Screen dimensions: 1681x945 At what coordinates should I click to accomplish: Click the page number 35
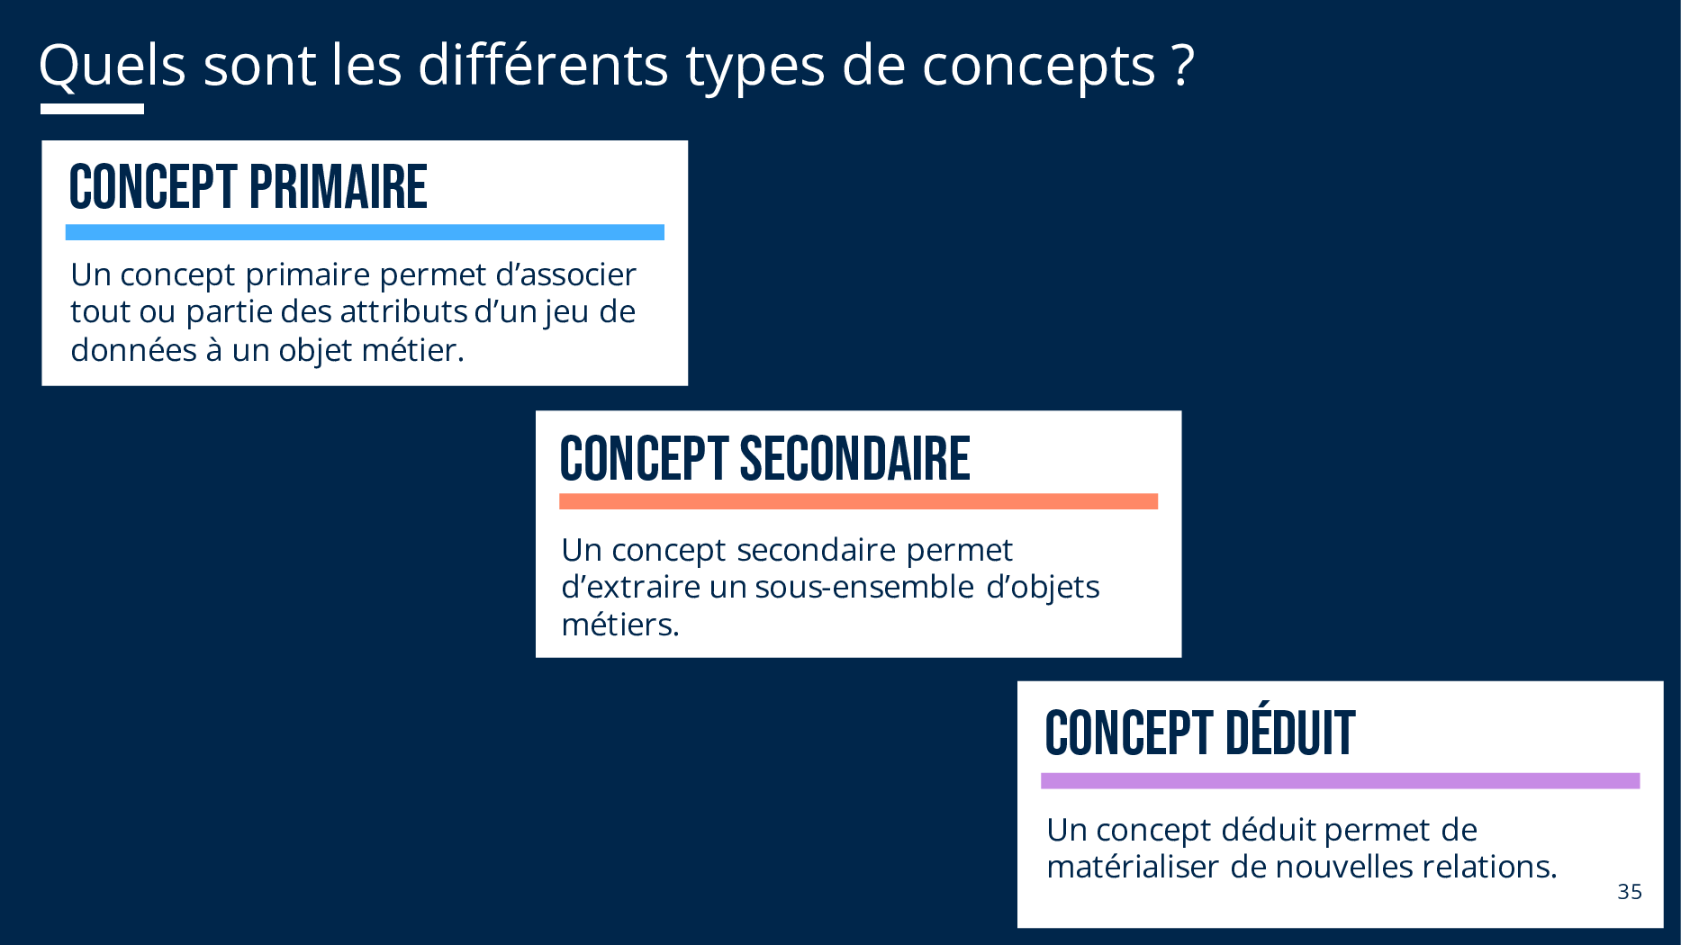[x=1630, y=892]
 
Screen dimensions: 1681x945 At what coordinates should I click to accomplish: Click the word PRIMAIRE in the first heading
[x=338, y=187]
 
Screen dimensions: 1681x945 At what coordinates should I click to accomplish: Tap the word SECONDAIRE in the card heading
[x=854, y=459]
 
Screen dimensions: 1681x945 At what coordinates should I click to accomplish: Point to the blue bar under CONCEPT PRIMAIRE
[x=365, y=232]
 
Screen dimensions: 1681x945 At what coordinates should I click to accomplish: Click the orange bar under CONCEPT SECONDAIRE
[x=858, y=501]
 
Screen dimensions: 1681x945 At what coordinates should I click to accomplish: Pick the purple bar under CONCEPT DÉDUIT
[x=1340, y=781]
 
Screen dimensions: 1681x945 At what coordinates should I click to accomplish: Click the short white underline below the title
[x=92, y=109]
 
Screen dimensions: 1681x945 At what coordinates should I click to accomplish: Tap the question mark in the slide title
[x=1183, y=66]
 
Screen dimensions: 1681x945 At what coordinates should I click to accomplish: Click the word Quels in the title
[x=113, y=66]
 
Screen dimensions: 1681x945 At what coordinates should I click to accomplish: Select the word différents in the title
[x=543, y=65]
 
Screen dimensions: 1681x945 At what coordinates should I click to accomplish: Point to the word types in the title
[x=755, y=68]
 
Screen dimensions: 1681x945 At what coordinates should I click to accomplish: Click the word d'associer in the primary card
[x=565, y=274]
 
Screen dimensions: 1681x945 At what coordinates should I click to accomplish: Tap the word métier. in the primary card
[x=412, y=349]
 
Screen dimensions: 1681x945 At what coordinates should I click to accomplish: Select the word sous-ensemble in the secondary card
[x=864, y=587]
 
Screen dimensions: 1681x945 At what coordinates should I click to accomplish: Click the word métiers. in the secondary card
[x=620, y=625]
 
